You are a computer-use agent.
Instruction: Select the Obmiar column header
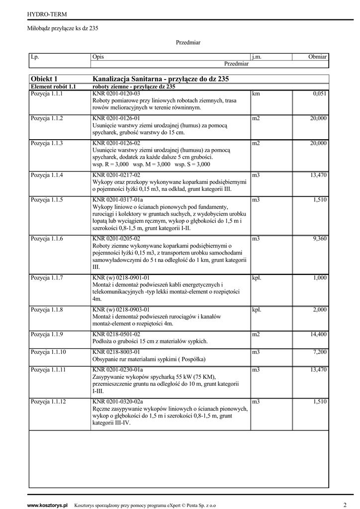(x=317, y=57)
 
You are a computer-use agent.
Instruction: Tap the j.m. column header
(x=257, y=57)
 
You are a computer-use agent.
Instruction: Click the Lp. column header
(x=35, y=57)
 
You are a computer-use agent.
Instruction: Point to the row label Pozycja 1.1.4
(x=47, y=175)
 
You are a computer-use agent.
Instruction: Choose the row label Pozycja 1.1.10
(x=48, y=352)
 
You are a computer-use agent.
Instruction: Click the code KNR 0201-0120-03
(x=116, y=93)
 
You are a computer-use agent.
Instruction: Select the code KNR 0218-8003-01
(x=116, y=352)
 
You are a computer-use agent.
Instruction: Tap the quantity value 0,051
(x=320, y=93)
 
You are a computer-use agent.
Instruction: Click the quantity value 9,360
(x=319, y=239)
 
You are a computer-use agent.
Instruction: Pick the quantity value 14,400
(x=318, y=335)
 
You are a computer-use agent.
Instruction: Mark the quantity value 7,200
(x=320, y=352)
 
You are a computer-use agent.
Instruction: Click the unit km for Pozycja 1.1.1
(x=256, y=93)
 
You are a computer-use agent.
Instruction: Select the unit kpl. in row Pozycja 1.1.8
(x=257, y=310)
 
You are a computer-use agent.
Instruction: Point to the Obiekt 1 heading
(x=44, y=79)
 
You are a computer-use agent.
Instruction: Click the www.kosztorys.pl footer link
(x=47, y=505)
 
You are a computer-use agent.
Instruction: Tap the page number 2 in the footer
(x=345, y=505)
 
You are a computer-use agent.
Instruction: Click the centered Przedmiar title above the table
(x=188, y=43)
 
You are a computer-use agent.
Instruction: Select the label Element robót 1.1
(x=53, y=86)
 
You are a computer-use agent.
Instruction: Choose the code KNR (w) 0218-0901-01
(x=121, y=278)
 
